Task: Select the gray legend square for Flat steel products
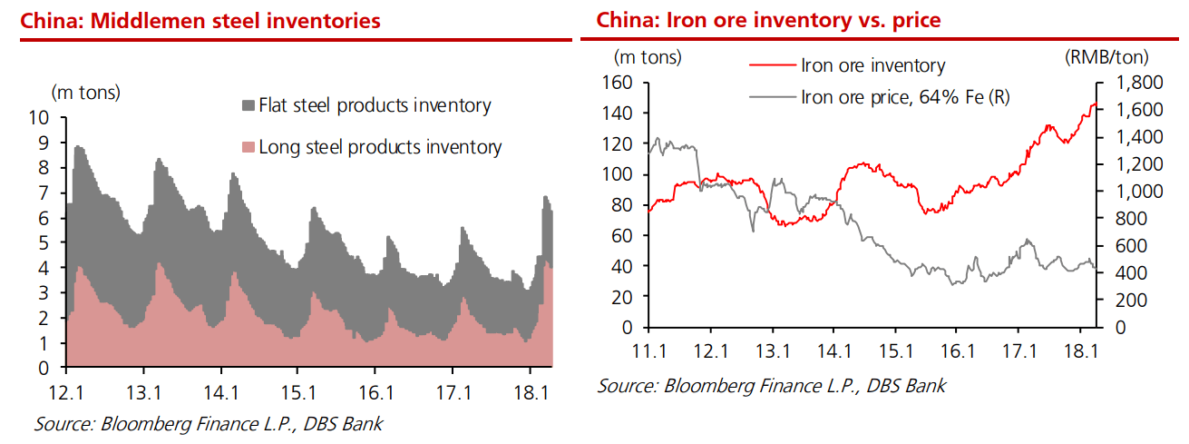point(249,106)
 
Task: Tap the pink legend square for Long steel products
point(249,147)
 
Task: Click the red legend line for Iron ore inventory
point(771,65)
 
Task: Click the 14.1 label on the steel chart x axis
point(221,393)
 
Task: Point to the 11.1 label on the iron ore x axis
point(648,350)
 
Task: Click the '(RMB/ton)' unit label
point(1106,57)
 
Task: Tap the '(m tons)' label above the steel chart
point(85,92)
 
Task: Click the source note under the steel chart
point(209,424)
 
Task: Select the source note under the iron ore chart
point(771,385)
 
